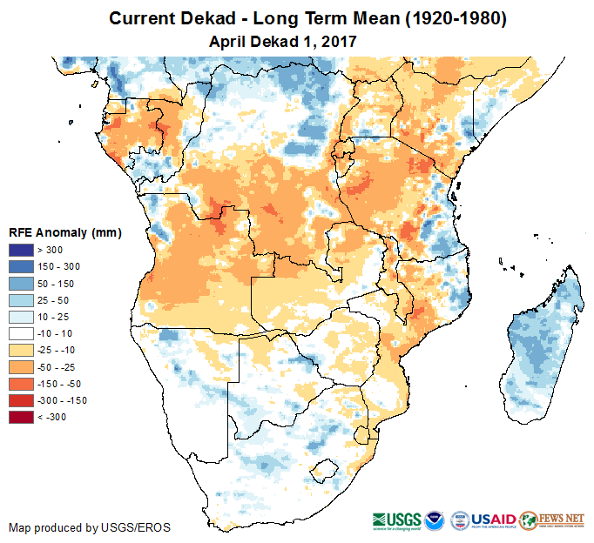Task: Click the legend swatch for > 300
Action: tap(22, 251)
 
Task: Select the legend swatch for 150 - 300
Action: tap(22, 267)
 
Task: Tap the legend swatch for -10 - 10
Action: tap(22, 333)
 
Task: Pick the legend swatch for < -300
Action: tap(22, 417)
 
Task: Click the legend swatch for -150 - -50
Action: tap(22, 384)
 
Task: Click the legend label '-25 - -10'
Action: tap(69, 350)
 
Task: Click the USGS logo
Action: tap(397, 520)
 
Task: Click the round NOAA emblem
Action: tap(437, 520)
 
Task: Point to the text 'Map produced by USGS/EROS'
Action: tap(90, 527)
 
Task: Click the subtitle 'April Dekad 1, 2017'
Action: tap(284, 41)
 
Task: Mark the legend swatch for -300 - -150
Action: tap(22, 400)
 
